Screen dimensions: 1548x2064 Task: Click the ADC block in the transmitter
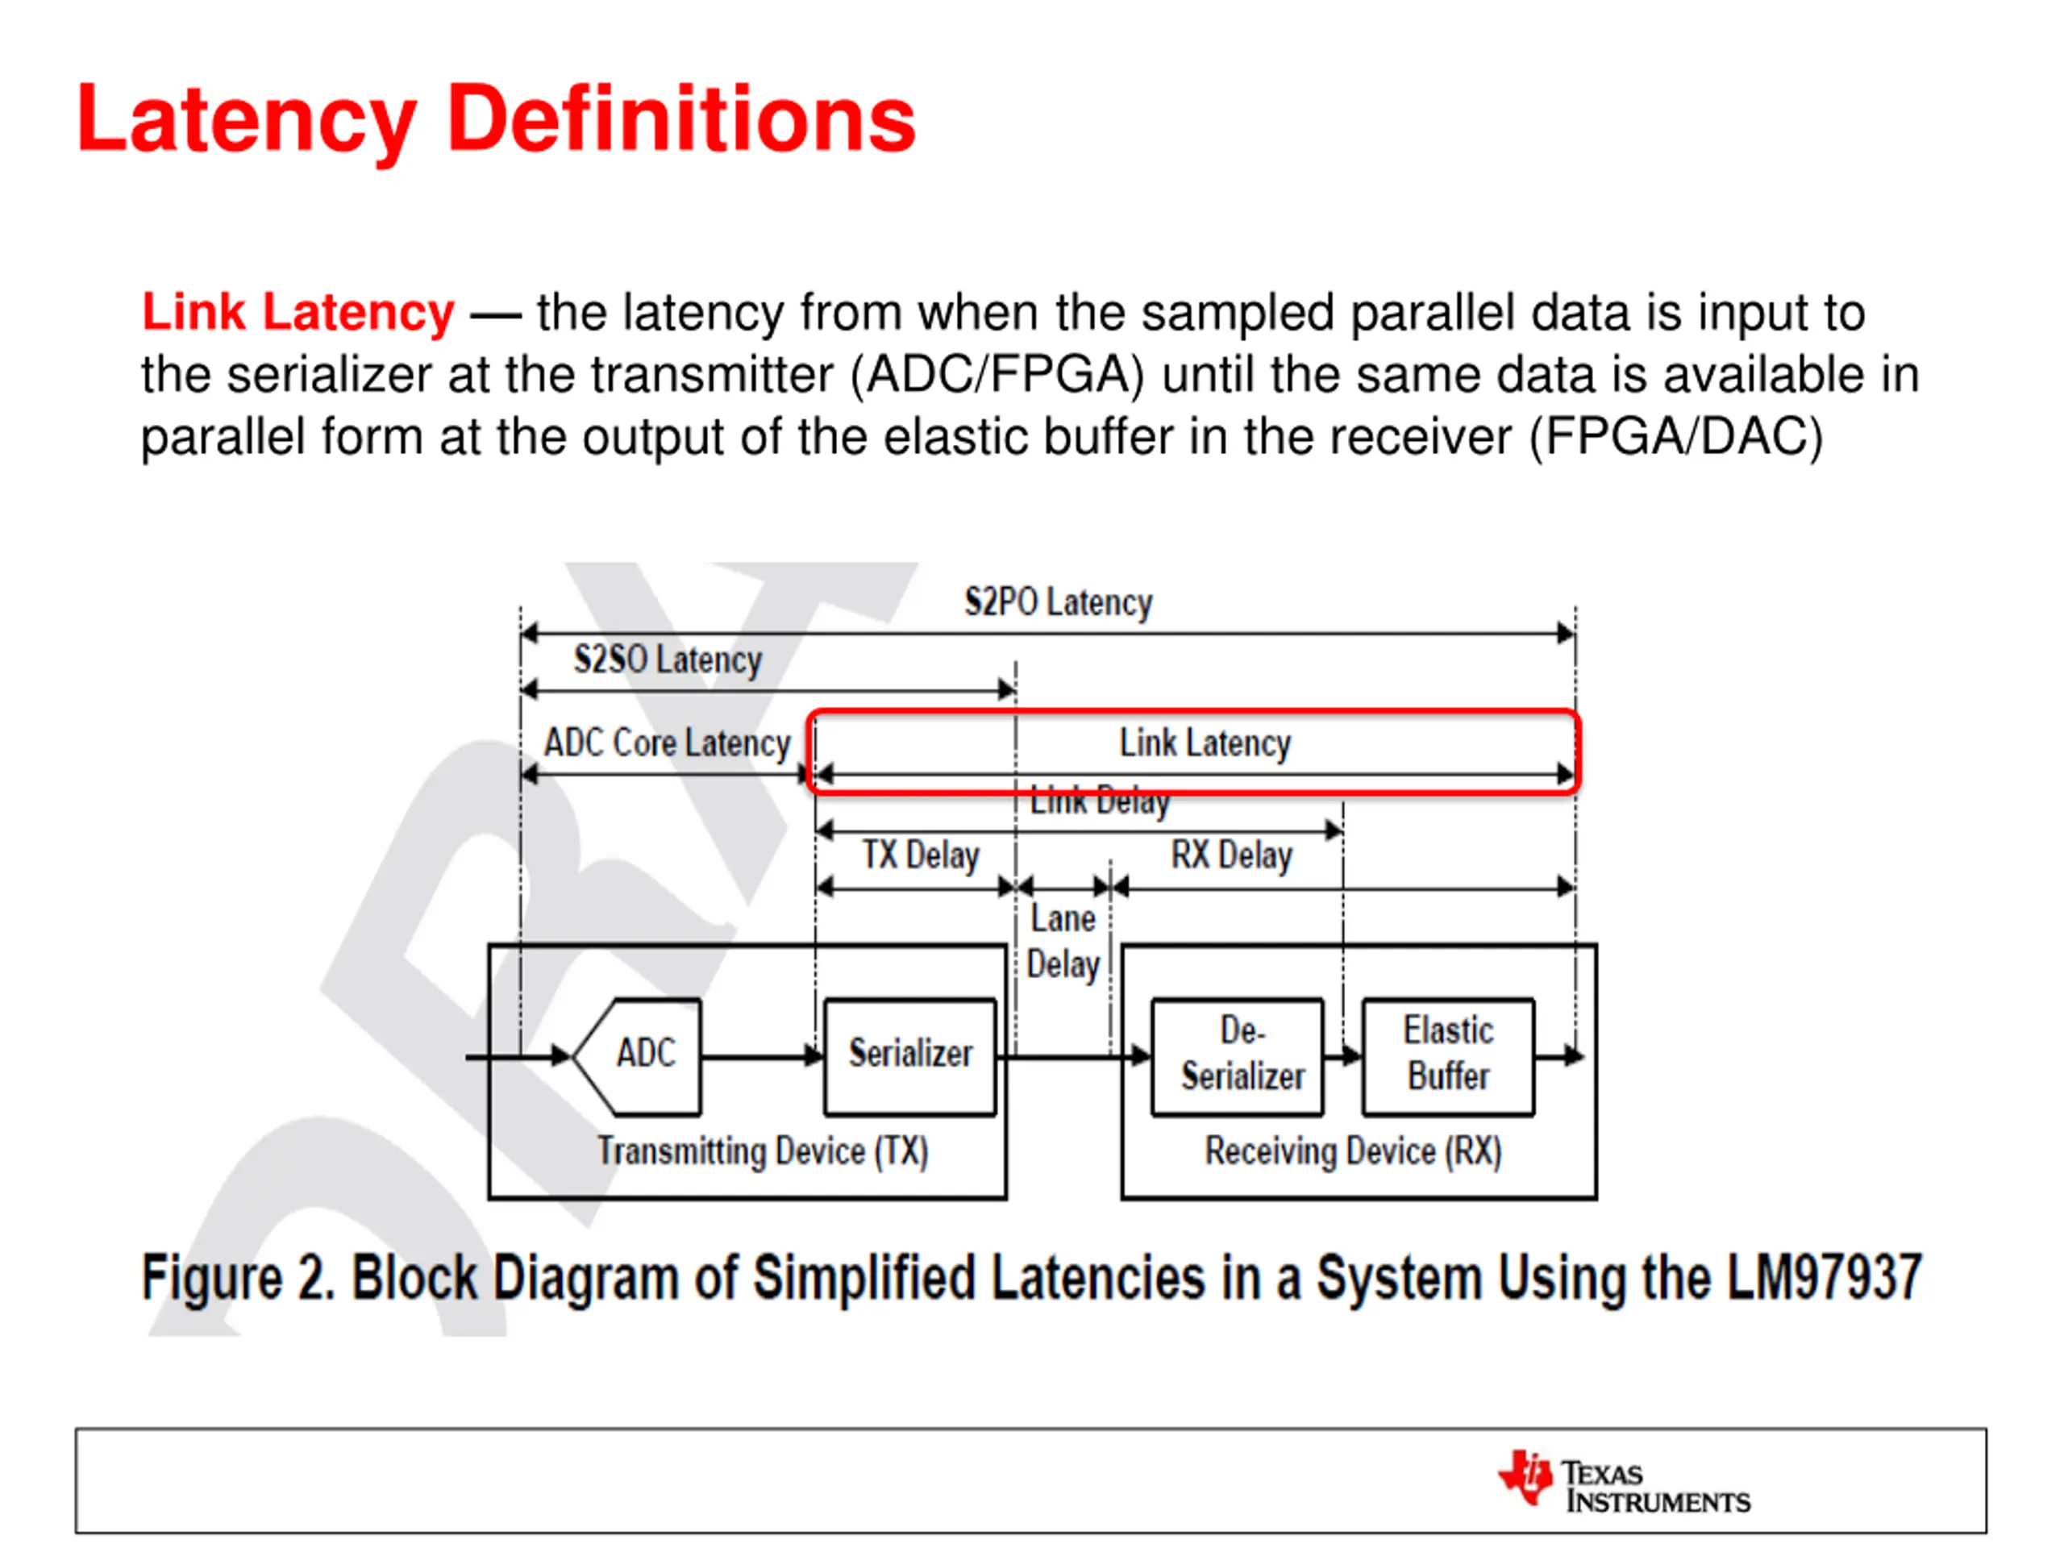coord(644,1055)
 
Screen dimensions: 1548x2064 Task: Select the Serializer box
coord(909,1055)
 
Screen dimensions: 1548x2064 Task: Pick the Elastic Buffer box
coord(1448,1055)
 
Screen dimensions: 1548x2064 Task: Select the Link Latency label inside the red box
coord(1205,743)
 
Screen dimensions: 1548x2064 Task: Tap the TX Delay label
coord(920,855)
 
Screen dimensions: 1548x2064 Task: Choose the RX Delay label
coord(1232,855)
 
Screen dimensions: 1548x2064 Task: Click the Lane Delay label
coord(1063,942)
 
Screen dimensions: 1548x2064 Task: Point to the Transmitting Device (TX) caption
coord(763,1151)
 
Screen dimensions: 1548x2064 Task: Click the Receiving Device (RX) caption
coord(1353,1151)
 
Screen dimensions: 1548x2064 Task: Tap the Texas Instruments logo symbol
coord(1525,1478)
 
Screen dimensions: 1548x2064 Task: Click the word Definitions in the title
coord(681,119)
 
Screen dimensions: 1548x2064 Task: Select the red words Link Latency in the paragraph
coord(298,312)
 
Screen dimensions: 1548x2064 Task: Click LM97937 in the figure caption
coord(1822,1277)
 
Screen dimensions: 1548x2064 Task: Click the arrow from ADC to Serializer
coord(761,1056)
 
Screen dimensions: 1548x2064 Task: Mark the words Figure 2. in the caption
coord(238,1277)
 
